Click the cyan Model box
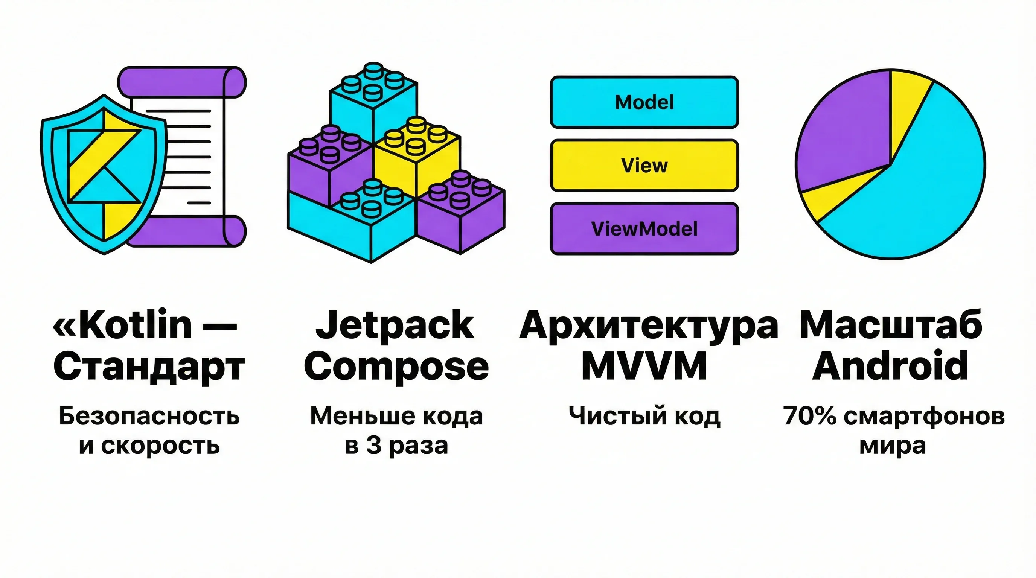point(644,102)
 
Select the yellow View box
point(644,165)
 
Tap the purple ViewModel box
point(644,229)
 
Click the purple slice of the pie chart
point(841,129)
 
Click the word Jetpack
point(395,325)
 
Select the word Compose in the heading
point(396,366)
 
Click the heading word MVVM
point(644,366)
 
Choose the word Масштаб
point(890,325)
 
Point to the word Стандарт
point(149,367)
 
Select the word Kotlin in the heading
point(136,325)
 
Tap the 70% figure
point(810,416)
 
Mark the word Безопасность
point(149,416)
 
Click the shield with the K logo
point(104,173)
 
